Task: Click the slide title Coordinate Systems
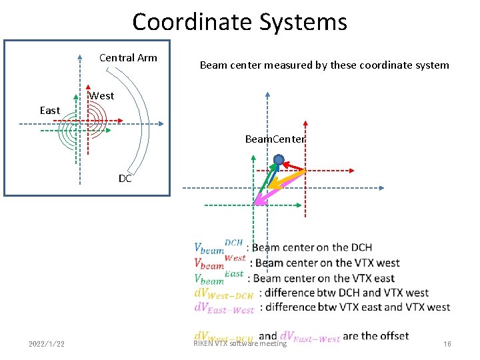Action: tap(240, 22)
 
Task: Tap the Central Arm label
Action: tap(128, 58)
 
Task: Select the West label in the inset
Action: tap(102, 96)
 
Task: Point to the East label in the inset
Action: tap(50, 111)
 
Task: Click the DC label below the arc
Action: tap(125, 179)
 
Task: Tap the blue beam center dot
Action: tap(279, 160)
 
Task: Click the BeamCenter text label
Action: tap(275, 139)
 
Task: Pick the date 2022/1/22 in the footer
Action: tap(47, 344)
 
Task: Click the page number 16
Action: tap(447, 344)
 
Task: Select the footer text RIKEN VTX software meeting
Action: tap(240, 344)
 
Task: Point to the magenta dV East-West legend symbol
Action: tap(224, 307)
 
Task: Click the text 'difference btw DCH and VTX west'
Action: tap(346, 293)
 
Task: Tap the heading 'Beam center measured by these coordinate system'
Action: tap(325, 65)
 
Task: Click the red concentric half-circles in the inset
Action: tap(96, 122)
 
